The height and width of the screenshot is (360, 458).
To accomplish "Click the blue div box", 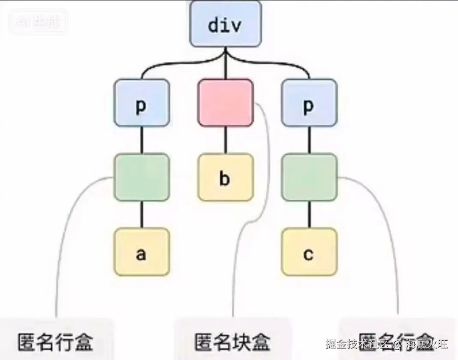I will (x=226, y=24).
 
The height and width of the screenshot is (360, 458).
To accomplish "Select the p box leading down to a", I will (x=142, y=103).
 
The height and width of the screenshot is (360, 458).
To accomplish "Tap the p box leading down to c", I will (x=309, y=103).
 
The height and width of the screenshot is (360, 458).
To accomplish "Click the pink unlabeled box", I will (x=226, y=103).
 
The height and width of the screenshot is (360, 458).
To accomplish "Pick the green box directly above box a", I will (x=142, y=177).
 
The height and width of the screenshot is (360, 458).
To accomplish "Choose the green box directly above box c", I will (x=309, y=177).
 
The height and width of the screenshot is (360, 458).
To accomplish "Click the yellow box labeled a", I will (x=142, y=252).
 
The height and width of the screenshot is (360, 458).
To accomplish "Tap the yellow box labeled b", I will (x=226, y=177).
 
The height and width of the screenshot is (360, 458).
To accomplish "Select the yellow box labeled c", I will (x=309, y=252).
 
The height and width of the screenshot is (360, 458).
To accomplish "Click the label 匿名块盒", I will (x=232, y=342).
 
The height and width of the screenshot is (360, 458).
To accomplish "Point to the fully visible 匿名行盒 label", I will (x=55, y=342).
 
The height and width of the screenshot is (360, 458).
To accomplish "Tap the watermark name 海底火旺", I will (x=427, y=344).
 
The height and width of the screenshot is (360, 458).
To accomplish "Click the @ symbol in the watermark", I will (x=397, y=344).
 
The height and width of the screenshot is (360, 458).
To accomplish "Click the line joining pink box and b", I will (x=226, y=140).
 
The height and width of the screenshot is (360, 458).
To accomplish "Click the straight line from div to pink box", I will (x=226, y=66).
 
